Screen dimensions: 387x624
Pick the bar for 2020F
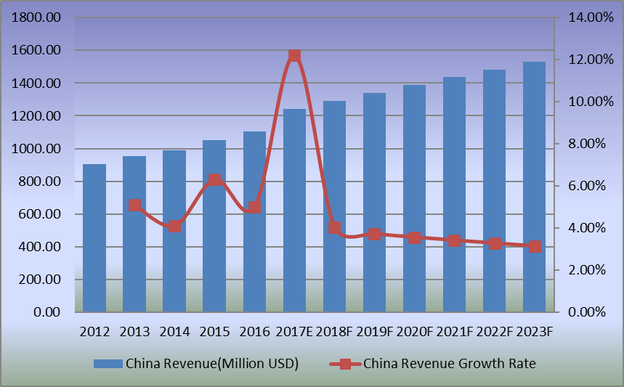[x=414, y=199]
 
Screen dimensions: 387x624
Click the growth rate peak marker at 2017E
[x=294, y=55]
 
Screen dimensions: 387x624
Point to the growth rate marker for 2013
[x=134, y=205]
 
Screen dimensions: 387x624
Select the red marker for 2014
[x=174, y=227]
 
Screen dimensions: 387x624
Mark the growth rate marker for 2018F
[x=334, y=228]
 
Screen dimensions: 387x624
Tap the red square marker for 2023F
[x=534, y=246]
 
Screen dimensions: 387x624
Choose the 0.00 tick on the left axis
[x=48, y=312]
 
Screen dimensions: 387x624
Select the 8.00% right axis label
[x=585, y=144]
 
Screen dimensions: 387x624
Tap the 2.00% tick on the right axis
[x=585, y=270]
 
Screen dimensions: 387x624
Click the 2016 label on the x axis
[x=254, y=332]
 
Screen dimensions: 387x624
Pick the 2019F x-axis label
[x=374, y=332]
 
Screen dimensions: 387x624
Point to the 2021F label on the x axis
[x=454, y=332]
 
